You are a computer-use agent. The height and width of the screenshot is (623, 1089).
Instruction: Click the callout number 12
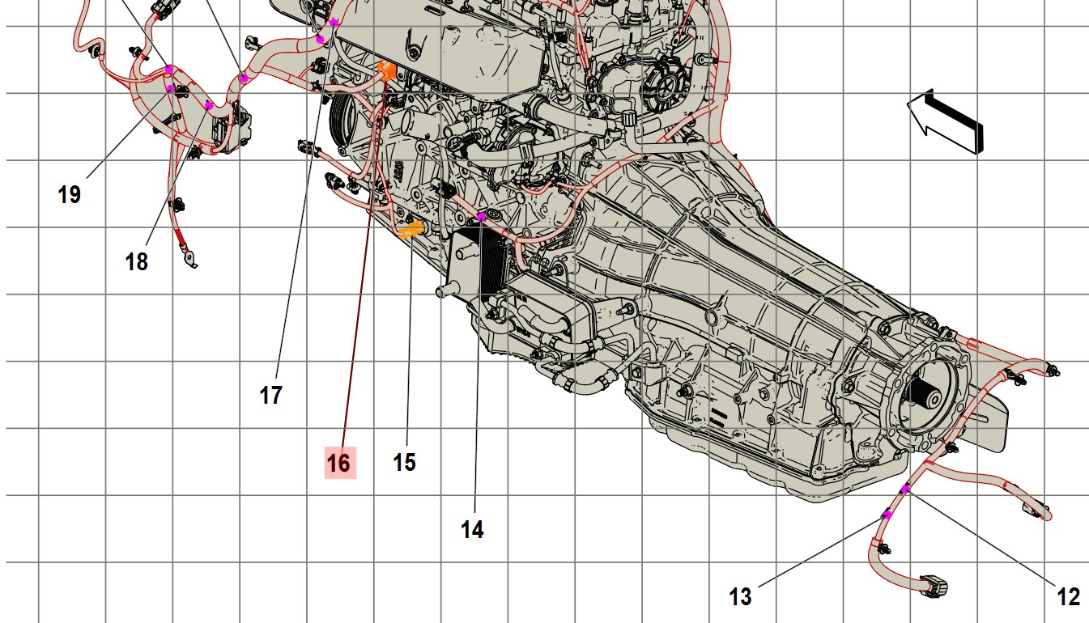[1069, 597]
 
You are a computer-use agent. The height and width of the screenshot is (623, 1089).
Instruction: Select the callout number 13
[740, 597]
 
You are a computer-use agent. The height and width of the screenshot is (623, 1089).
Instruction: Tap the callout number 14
[472, 530]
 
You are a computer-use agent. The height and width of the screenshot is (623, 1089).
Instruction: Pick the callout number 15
[404, 463]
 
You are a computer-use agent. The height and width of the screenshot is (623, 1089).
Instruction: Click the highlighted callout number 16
[339, 463]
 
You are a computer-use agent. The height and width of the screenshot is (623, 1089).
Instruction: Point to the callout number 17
[270, 396]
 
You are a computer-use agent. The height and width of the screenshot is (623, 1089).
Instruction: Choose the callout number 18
[137, 262]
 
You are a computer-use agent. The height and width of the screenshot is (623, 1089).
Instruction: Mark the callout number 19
[70, 195]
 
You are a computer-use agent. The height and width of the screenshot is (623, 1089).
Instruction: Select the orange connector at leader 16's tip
[387, 71]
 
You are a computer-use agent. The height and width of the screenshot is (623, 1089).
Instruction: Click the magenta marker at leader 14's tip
[481, 217]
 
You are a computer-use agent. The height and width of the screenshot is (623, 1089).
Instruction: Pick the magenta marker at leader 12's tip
[905, 489]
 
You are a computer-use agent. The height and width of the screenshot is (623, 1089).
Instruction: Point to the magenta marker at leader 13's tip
[887, 515]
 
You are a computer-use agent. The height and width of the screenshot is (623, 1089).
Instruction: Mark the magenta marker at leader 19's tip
[170, 88]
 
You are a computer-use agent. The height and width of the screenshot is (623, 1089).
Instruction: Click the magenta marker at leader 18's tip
[209, 106]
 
